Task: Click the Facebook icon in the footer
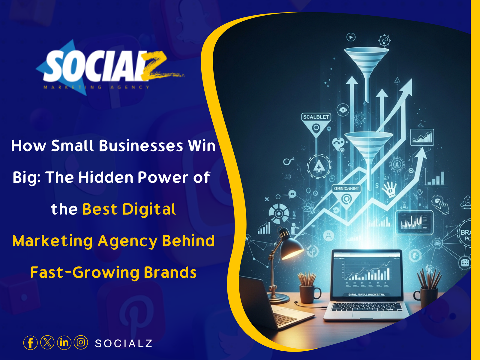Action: pos(30,343)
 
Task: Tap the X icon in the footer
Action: pos(47,343)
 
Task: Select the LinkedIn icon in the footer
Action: pos(64,343)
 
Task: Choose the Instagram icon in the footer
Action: pos(81,343)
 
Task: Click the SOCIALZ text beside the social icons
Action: pos(124,343)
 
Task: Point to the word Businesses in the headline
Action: pos(141,146)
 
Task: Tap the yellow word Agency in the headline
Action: pos(127,241)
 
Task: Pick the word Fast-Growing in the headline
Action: pos(85,273)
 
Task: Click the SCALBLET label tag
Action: pos(316,117)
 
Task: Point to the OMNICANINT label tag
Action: pos(346,188)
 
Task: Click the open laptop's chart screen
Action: pos(367,274)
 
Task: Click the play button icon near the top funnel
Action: pos(351,37)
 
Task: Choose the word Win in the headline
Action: pos(202,146)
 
